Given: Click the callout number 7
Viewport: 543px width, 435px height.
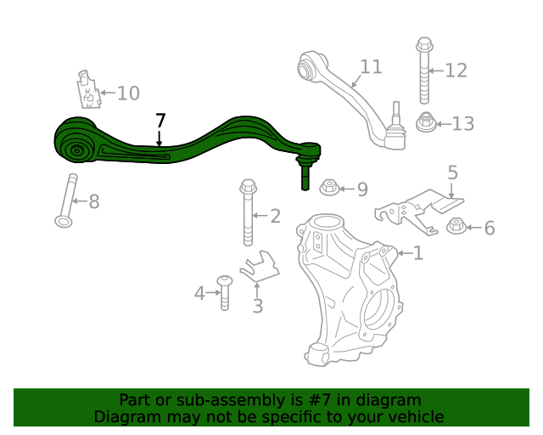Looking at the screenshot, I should [x=160, y=121].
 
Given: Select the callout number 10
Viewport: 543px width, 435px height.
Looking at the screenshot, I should [x=128, y=93].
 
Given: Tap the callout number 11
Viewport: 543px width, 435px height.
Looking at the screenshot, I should [x=371, y=67].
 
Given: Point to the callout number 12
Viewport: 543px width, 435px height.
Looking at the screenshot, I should [x=456, y=70].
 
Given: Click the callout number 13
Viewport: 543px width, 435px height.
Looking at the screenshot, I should [x=462, y=124].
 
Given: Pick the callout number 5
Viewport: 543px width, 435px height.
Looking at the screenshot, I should [x=453, y=173].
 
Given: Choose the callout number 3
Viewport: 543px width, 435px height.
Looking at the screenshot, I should [x=257, y=306].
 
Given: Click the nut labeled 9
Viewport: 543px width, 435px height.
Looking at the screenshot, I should [x=329, y=186].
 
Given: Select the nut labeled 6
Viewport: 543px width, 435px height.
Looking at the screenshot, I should [x=456, y=226].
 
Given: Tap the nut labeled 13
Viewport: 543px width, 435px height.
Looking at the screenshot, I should [x=426, y=123].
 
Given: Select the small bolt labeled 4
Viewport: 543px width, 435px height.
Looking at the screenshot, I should [x=225, y=292].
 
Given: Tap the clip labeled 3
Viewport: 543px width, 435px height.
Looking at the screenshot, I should [x=259, y=267].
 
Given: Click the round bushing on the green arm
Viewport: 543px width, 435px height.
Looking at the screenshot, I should [x=76, y=151].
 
